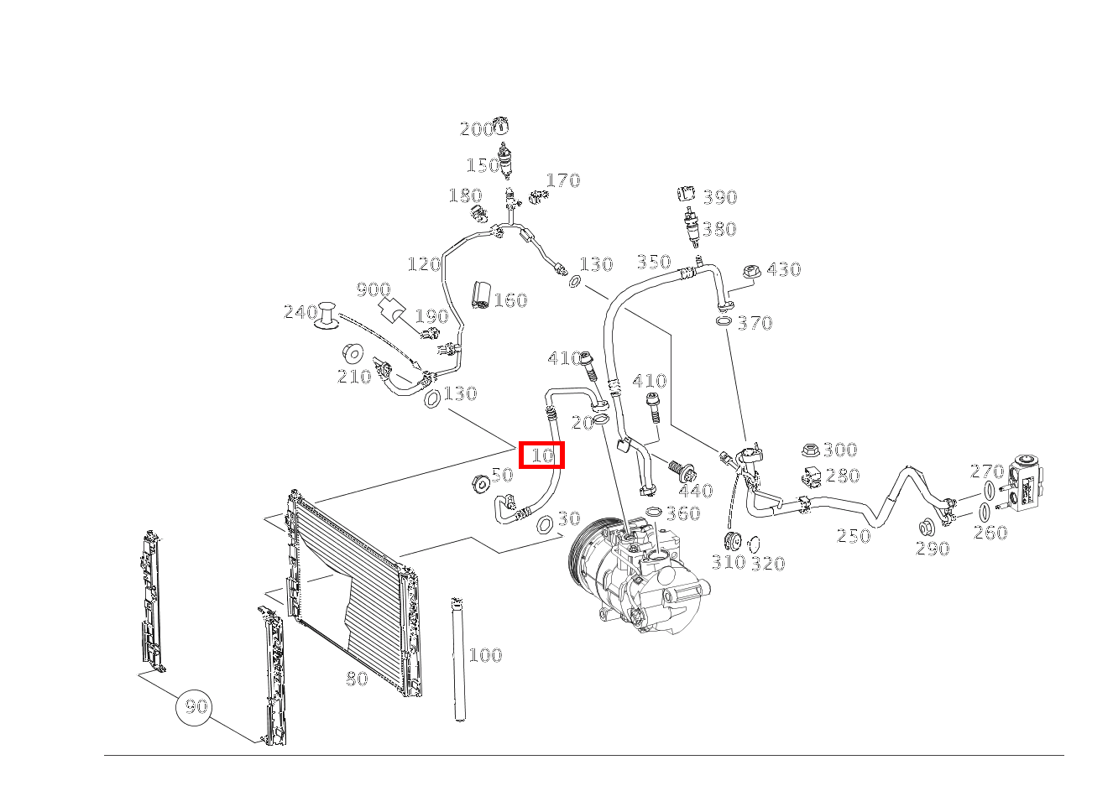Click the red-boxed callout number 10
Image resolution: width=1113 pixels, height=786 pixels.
(542, 455)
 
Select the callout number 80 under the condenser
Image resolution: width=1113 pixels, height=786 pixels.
(357, 679)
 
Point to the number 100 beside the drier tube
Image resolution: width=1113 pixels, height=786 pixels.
(485, 654)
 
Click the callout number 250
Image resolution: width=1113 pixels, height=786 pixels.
(854, 535)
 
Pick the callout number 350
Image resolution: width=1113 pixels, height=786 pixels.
(654, 262)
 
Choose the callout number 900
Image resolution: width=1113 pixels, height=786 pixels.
(374, 289)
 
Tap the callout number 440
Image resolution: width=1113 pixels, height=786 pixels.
(696, 491)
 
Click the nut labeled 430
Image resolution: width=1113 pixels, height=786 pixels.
(752, 272)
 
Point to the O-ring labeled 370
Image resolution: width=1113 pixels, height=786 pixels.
(724, 320)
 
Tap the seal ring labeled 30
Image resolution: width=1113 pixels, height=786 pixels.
(545, 523)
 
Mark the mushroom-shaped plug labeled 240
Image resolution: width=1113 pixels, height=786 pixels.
(327, 315)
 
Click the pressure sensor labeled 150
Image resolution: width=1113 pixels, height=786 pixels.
(505, 161)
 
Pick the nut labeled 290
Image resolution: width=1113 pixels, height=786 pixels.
(925, 528)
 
